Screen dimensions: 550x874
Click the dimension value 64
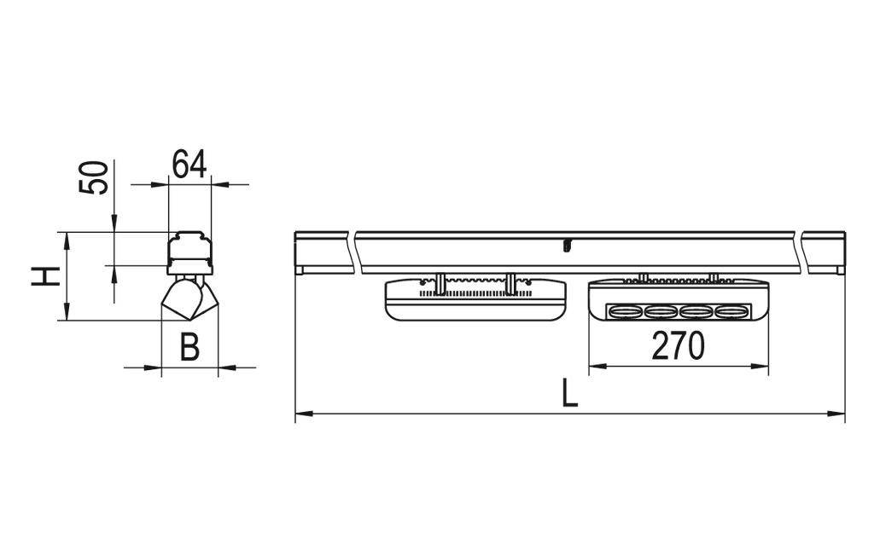[x=189, y=164]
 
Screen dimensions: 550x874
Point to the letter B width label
[x=189, y=348]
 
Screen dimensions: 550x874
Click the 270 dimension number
[x=679, y=346]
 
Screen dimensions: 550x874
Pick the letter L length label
[x=569, y=393]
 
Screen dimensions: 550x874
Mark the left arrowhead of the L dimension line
[x=300, y=414]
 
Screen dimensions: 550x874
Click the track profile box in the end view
[x=188, y=251]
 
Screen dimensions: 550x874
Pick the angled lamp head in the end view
[x=188, y=298]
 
